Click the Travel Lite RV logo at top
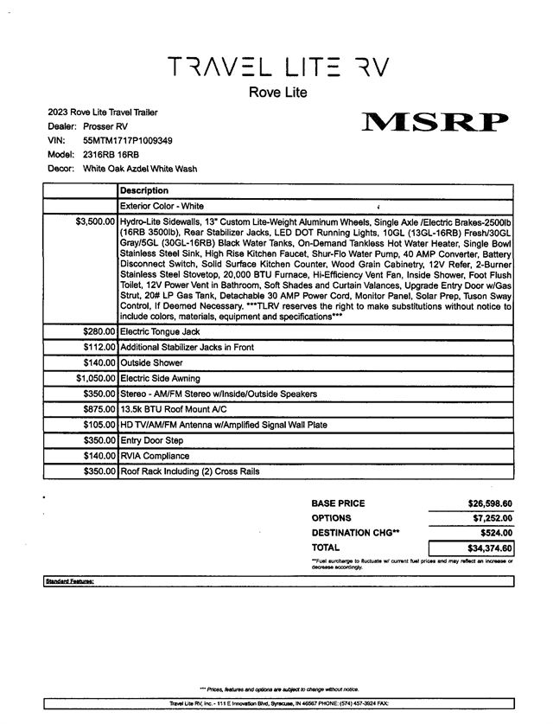pyautogui.click(x=277, y=66)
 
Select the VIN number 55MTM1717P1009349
pyautogui.click(x=128, y=140)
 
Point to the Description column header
pyautogui.click(x=144, y=190)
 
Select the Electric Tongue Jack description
pyautogui.click(x=160, y=331)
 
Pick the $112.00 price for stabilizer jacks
pyautogui.click(x=99, y=347)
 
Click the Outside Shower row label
pyautogui.click(x=151, y=363)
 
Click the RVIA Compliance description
pyautogui.click(x=155, y=456)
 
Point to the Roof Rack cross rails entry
pyautogui.click(x=190, y=471)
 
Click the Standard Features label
pyautogui.click(x=69, y=582)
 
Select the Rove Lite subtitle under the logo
pyautogui.click(x=277, y=93)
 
